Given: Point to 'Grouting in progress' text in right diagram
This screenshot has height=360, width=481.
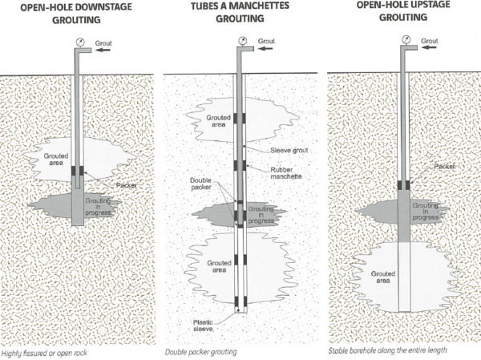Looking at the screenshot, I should click(424, 211).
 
